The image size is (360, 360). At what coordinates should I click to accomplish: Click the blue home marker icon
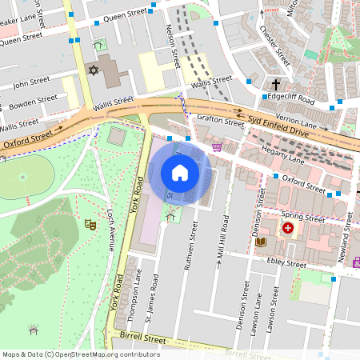pos(180,172)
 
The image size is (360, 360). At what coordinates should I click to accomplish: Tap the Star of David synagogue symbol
pos(92,71)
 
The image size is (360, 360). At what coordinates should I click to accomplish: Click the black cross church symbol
pos(276,84)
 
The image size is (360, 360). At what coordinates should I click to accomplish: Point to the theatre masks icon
pos(91,226)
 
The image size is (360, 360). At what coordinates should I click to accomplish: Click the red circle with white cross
pos(287,229)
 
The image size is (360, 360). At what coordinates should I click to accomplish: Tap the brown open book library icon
pos(260,241)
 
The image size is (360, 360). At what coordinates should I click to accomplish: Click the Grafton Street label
pos(220,122)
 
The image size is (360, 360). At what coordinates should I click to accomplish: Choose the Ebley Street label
pos(286,263)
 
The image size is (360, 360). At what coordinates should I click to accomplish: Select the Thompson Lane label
pos(138,288)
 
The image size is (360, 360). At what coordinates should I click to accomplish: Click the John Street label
pos(32,82)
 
